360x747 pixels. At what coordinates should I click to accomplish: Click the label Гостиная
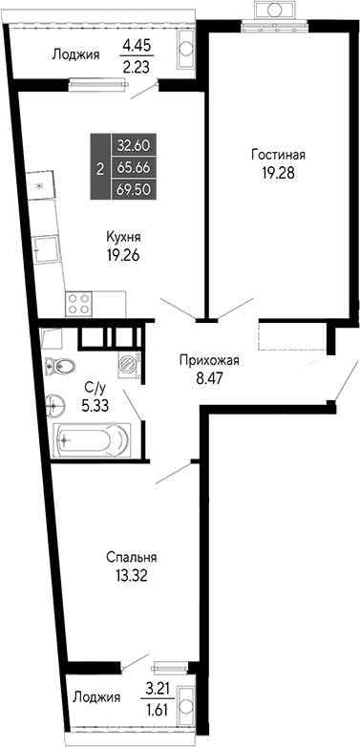point(279,154)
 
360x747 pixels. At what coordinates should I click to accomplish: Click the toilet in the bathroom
point(63,365)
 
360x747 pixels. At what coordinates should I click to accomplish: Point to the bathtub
point(91,440)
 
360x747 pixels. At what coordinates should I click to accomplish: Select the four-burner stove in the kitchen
point(80,305)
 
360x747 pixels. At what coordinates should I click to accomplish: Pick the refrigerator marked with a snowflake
point(38,183)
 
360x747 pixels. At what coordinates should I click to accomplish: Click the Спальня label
point(131,557)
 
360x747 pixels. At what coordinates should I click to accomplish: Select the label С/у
point(94,387)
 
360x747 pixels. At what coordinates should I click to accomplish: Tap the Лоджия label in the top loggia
point(75,54)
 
